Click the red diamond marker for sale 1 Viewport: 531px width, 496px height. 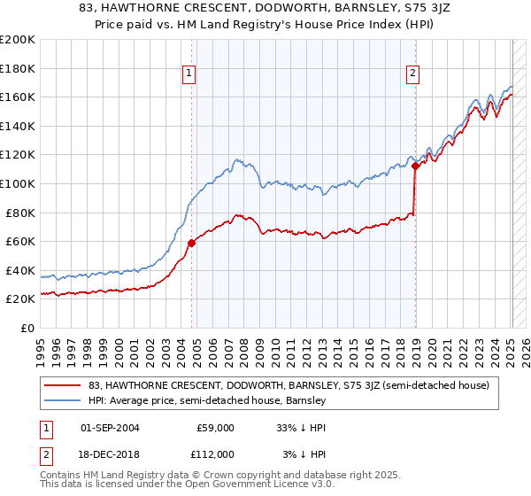[192, 243]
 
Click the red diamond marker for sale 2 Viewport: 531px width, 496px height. [416, 166]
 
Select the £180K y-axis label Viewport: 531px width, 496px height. [18, 67]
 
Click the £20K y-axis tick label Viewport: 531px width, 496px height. [20, 299]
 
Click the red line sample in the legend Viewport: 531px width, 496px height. [63, 385]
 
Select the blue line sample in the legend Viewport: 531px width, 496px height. [63, 400]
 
